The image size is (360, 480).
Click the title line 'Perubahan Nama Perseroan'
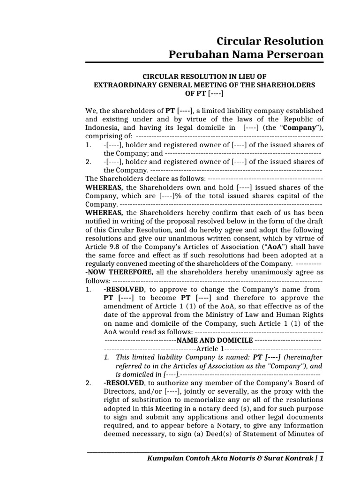coord(246,55)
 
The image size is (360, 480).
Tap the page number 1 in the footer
coord(321,459)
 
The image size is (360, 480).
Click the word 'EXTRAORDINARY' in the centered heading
coord(125,85)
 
